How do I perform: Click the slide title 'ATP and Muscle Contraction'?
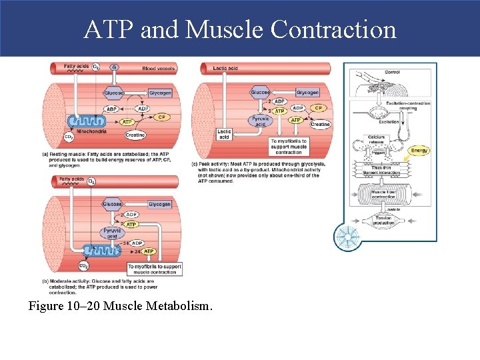point(240,29)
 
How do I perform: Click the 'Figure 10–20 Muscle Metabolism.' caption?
point(120,306)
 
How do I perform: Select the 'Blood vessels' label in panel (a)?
point(158,68)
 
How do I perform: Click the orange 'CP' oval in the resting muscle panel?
point(161,117)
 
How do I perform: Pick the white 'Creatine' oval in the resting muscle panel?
point(135,135)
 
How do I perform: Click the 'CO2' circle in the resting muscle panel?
point(69,137)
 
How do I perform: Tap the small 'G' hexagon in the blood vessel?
point(114,67)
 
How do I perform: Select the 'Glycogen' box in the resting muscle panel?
point(160,93)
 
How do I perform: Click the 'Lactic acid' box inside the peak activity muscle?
point(225,134)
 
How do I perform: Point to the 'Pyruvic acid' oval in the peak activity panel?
point(261,121)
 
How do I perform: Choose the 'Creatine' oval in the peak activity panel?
point(320,125)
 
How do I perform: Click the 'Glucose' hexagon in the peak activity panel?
point(260,92)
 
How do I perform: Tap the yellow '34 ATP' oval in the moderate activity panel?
point(149,251)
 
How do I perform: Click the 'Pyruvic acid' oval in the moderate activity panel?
point(113,233)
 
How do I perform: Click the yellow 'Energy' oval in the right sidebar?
point(419,151)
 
